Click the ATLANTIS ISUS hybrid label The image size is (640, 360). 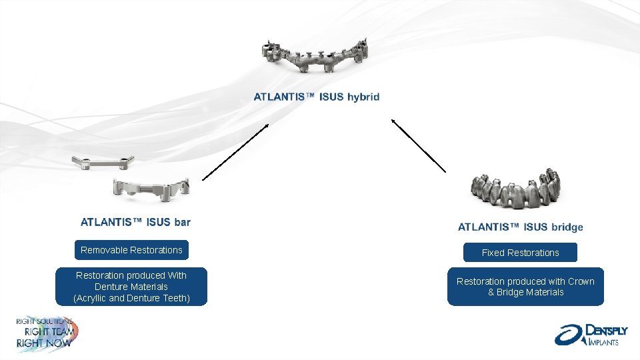click(x=317, y=97)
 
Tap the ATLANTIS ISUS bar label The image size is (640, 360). click(x=135, y=222)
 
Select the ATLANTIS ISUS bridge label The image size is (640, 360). click(x=521, y=227)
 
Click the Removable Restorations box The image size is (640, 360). click(x=131, y=250)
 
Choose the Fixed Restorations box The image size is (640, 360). click(x=520, y=253)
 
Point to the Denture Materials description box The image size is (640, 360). click(x=131, y=287)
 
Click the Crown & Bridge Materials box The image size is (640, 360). click(x=525, y=287)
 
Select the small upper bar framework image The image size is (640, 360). click(x=103, y=162)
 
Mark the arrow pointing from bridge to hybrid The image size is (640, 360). click(x=419, y=146)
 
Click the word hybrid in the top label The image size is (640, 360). click(x=363, y=97)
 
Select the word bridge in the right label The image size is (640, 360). click(x=567, y=227)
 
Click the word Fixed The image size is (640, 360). click(x=493, y=253)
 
